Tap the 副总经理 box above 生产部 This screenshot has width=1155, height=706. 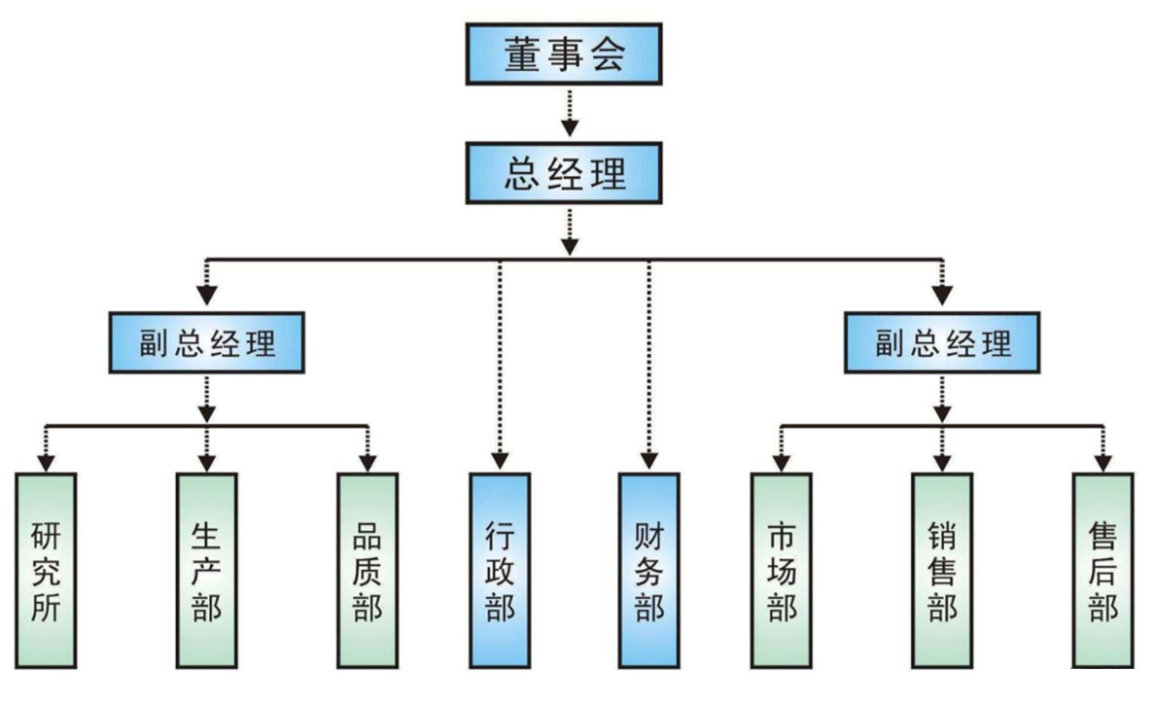(x=206, y=343)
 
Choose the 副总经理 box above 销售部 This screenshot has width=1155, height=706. (x=941, y=343)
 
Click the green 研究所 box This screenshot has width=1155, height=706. (x=47, y=570)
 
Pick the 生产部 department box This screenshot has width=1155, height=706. (x=206, y=570)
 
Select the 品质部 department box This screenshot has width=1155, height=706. (x=367, y=570)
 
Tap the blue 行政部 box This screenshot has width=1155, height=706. (x=500, y=570)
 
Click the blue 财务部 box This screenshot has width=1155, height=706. (x=649, y=570)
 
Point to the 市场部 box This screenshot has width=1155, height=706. (x=781, y=570)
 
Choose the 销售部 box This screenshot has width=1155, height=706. (x=941, y=570)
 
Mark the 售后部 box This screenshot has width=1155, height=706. (x=1102, y=570)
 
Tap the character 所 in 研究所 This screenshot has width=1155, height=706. (x=47, y=609)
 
